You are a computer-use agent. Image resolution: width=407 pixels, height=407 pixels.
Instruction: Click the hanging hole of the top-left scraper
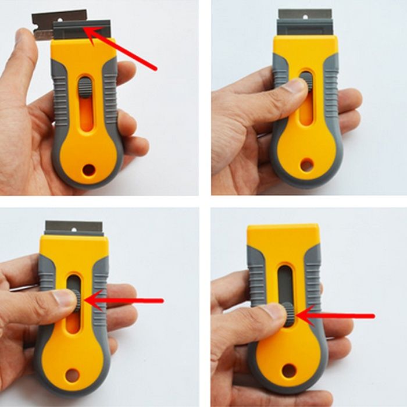click(88, 170)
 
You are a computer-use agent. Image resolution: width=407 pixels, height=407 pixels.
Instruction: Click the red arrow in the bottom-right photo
click(337, 316)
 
